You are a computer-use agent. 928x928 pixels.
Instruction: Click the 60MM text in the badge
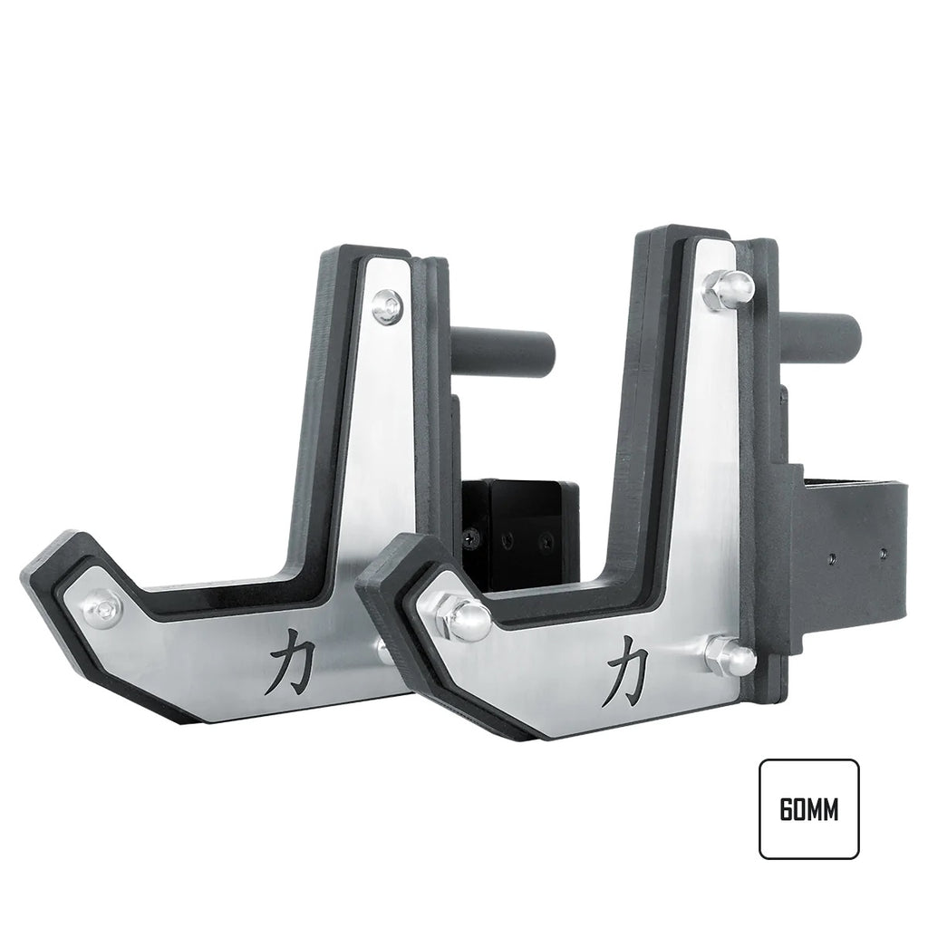(808, 809)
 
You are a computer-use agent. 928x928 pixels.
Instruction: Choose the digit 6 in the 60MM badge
(785, 809)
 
